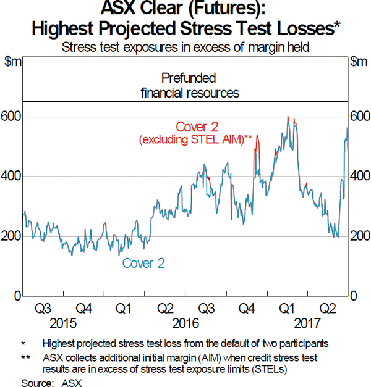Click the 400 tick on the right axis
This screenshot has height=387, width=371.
(360, 177)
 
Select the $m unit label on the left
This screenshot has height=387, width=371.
(13, 60)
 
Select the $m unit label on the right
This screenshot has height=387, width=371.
(359, 60)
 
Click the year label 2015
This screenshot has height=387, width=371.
(64, 322)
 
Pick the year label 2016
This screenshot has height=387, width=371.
(185, 322)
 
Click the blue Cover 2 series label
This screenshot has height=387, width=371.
(143, 264)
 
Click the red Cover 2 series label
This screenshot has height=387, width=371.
(197, 127)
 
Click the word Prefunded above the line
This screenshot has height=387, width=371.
(188, 78)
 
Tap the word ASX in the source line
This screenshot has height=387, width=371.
(72, 382)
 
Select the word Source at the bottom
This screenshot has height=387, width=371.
(35, 382)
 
